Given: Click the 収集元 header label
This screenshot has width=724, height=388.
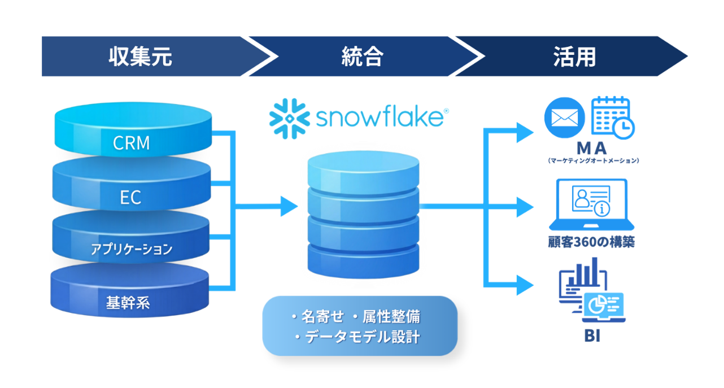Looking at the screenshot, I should pos(140,56).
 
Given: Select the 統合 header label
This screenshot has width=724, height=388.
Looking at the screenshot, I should pos(362,56).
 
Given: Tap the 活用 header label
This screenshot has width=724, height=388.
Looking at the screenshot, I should pos(574,56).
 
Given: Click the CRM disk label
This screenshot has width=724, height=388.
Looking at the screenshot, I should pos(132,143).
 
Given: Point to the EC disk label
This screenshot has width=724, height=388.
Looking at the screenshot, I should pos(130,198).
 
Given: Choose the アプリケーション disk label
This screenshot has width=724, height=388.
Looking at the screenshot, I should pos(131,249).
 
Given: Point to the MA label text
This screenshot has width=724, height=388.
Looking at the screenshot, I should pos(592,148).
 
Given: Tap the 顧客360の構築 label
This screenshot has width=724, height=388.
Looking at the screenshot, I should pos(591,242).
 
